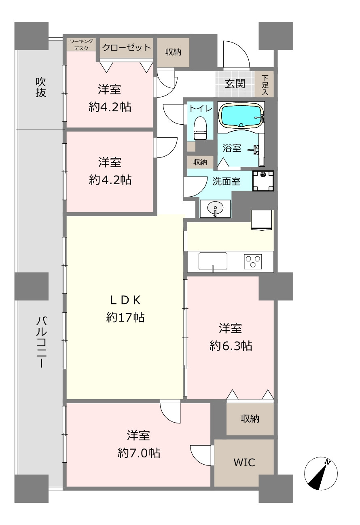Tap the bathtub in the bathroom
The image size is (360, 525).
tap(241, 115)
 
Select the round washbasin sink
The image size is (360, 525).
tap(215, 208)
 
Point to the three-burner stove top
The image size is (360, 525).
tap(253, 261)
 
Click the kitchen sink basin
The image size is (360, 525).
tap(213, 261)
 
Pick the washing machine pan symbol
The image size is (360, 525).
tap(263, 181)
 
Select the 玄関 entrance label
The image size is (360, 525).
tap(235, 84)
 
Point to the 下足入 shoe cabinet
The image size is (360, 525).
tap(265, 84)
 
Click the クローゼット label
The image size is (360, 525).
tap(127, 48)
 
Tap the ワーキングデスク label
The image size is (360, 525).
tap(81, 45)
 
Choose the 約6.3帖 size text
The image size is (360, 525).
tap(231, 346)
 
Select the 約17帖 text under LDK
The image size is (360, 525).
tap(125, 317)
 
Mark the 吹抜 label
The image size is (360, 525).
tap(41, 87)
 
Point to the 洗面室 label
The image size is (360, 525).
tap(226, 181)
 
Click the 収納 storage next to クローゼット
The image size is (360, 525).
tap(173, 52)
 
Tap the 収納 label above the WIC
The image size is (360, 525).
tap(250, 419)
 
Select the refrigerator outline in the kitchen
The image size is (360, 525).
tap(262, 220)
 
